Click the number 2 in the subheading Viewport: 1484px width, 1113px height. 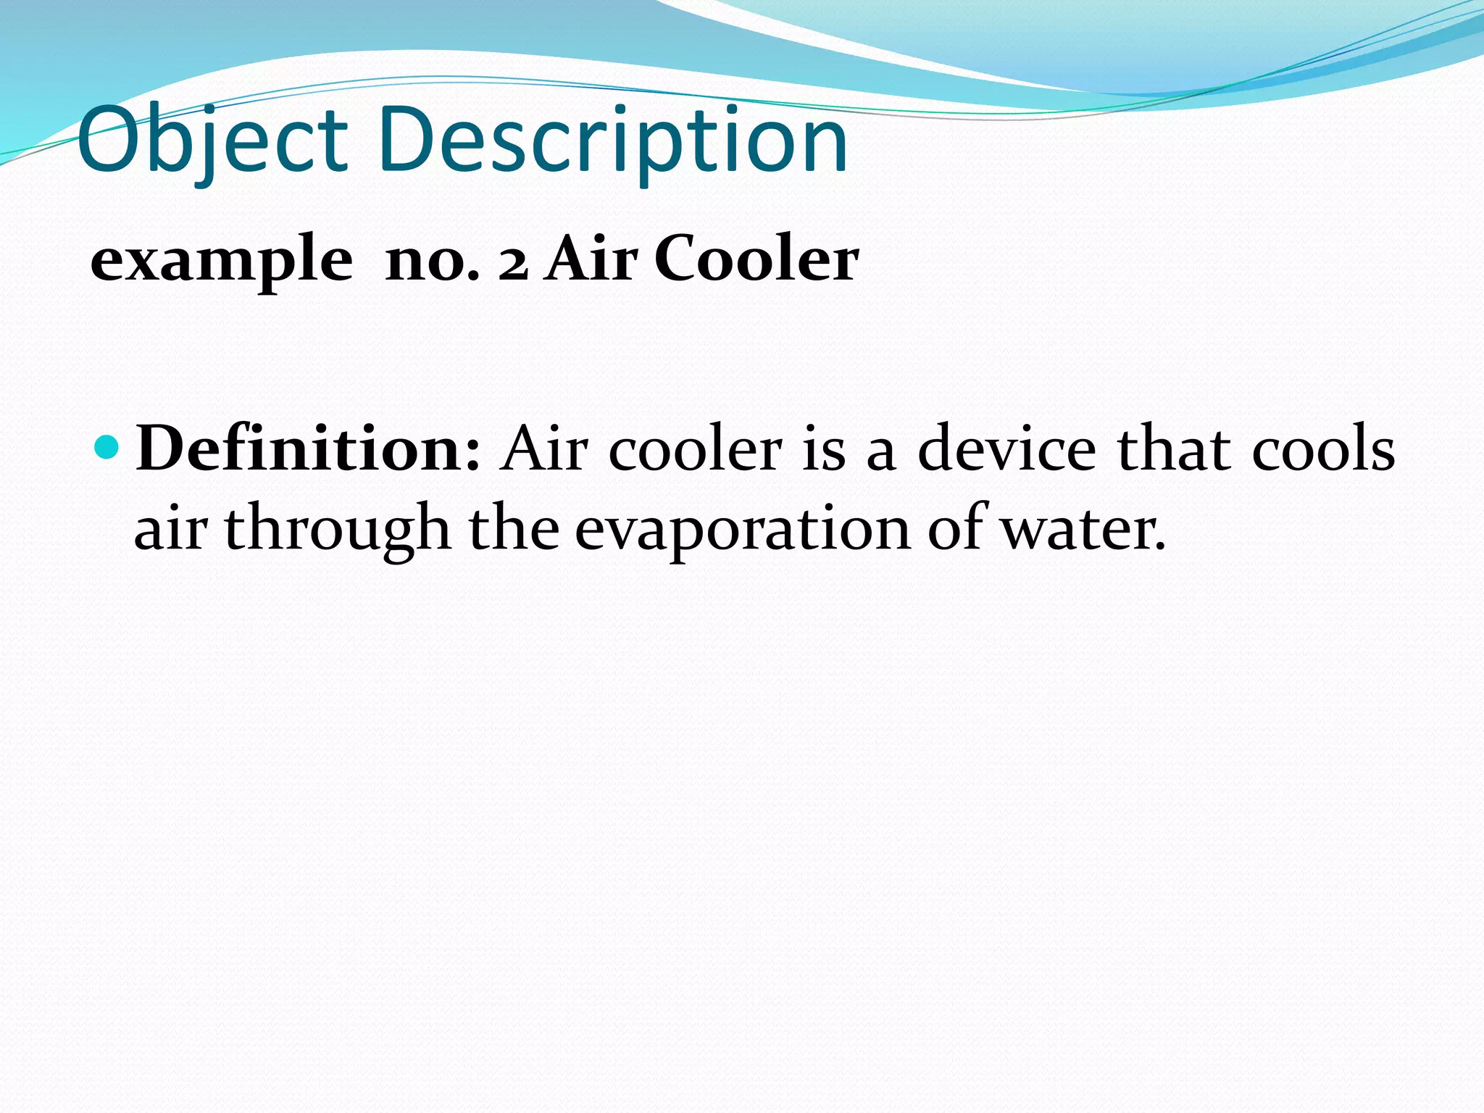click(x=513, y=263)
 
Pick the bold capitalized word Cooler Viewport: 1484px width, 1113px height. click(x=756, y=260)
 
